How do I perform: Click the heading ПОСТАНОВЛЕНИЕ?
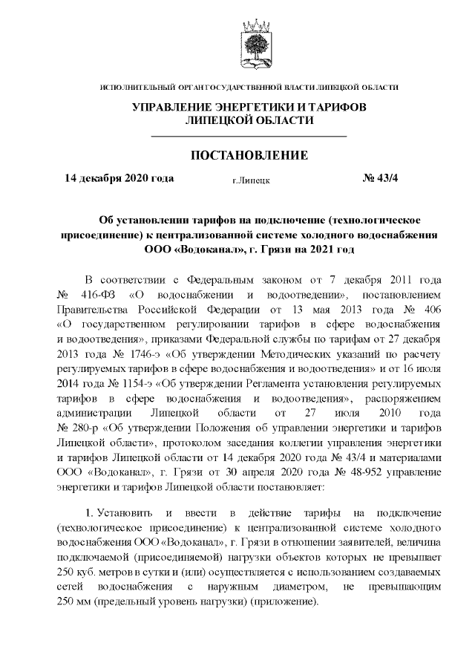[249, 155]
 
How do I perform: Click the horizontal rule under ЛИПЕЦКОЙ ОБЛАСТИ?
[249, 137]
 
